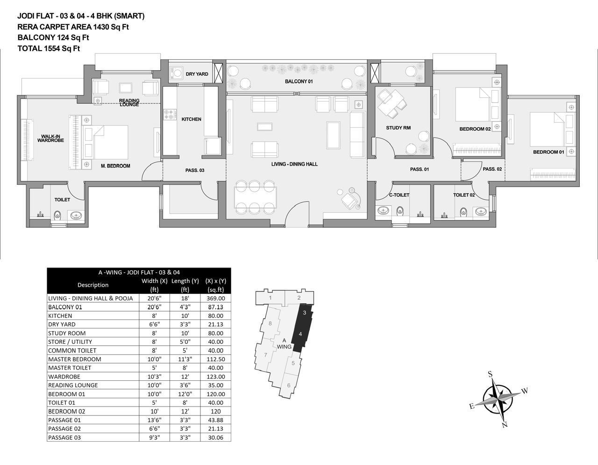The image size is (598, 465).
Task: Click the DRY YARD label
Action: click(197, 74)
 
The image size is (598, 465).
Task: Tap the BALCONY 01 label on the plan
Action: click(299, 81)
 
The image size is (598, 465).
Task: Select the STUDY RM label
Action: click(398, 128)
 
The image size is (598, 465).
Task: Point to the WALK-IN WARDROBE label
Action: click(50, 138)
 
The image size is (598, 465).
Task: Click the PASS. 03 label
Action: click(195, 170)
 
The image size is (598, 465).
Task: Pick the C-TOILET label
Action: click(399, 195)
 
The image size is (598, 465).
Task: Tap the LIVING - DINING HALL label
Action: click(294, 164)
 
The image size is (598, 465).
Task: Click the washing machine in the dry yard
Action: click(177, 73)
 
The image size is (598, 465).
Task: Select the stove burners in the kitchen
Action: click(170, 114)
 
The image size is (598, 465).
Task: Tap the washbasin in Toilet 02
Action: click(481, 212)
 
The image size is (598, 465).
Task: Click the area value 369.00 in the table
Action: click(216, 298)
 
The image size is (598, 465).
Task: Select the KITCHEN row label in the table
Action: click(60, 316)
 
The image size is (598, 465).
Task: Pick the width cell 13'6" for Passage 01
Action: click(154, 420)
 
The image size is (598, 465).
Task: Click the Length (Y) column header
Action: click(185, 285)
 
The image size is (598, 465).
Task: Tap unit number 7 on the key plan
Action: click(265, 355)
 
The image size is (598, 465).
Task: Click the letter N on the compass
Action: click(505, 425)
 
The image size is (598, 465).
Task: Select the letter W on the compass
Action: click(525, 391)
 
